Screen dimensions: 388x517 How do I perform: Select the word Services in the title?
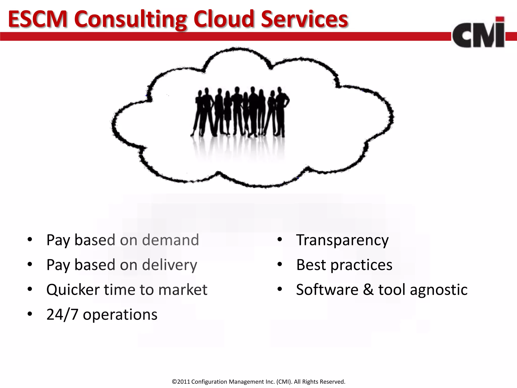point(304,19)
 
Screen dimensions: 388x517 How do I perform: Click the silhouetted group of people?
point(240,112)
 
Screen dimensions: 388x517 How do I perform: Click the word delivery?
point(169,265)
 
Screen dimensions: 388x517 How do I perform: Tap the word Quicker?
point(73,290)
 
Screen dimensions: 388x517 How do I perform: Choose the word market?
point(183,290)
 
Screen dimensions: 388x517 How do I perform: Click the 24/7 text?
point(62,314)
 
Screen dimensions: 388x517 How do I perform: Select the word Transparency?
point(342,240)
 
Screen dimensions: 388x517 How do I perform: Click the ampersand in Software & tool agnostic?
point(368,290)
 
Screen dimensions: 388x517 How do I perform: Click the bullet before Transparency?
point(279,239)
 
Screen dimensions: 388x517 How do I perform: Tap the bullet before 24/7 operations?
point(30,314)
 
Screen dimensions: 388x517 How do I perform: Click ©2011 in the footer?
point(181,382)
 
